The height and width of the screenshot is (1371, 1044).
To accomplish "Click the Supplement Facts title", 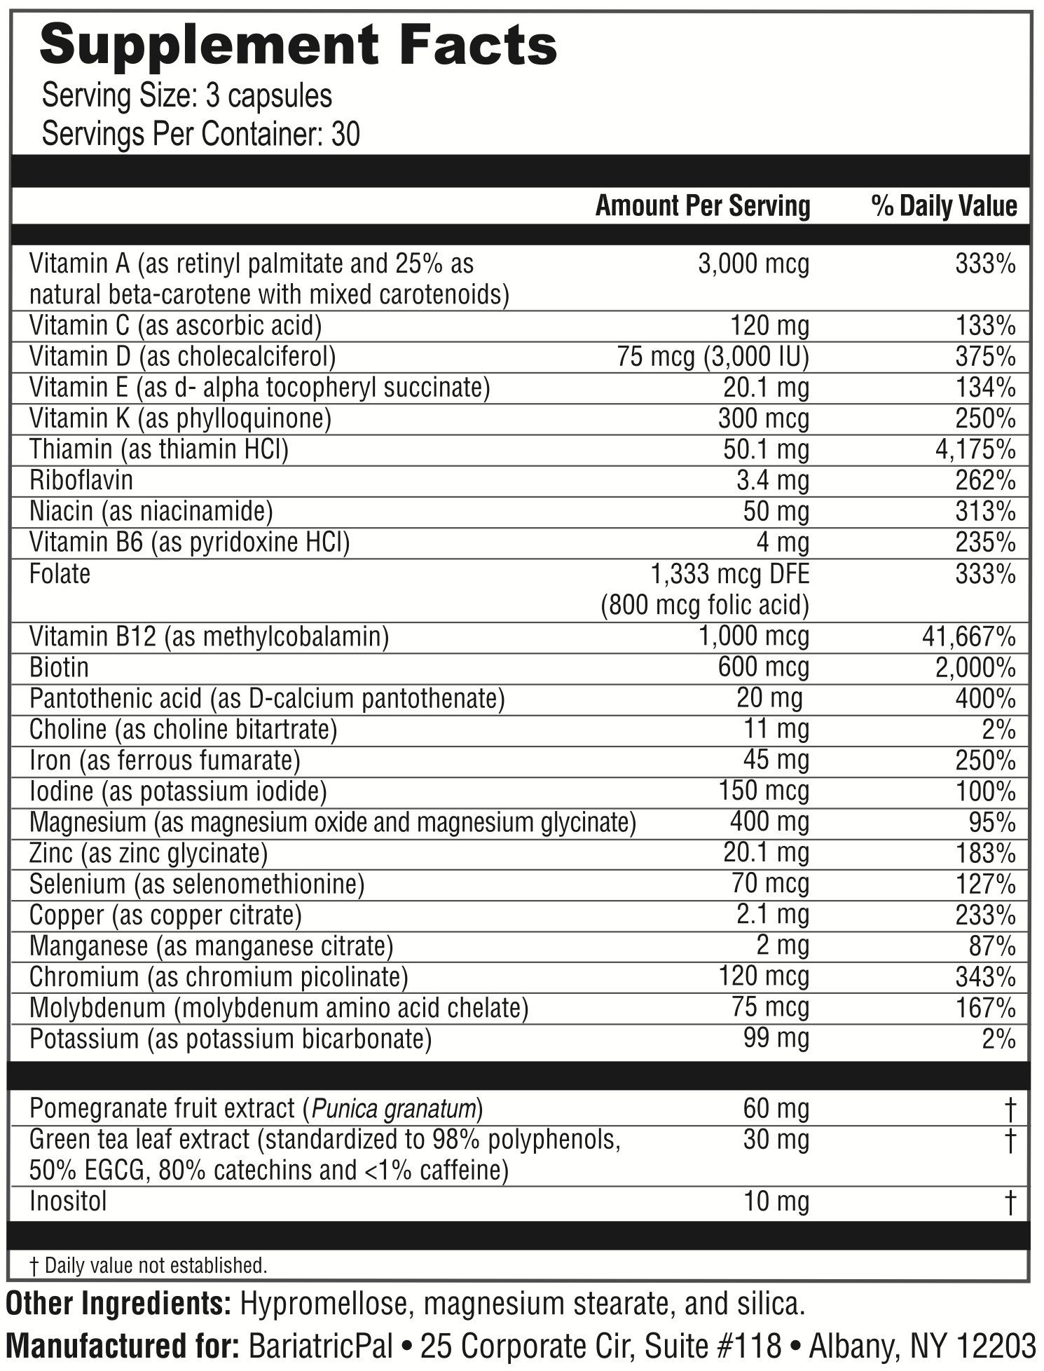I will click(x=298, y=47).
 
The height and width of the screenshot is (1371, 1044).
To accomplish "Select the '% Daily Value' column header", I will click(x=944, y=206).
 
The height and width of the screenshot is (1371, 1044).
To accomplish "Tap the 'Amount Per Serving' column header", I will click(x=703, y=206).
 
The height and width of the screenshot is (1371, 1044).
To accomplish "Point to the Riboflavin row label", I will click(x=81, y=480).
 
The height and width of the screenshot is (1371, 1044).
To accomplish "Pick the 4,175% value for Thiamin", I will click(x=975, y=449).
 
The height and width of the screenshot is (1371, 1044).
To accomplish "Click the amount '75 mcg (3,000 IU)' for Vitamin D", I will click(x=713, y=357).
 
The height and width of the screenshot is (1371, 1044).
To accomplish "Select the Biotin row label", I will click(x=60, y=667).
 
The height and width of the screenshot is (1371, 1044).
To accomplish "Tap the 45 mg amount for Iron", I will click(x=776, y=760).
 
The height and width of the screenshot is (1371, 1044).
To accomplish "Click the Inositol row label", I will click(x=68, y=1201).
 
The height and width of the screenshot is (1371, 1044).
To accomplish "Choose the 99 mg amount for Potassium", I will click(x=776, y=1038).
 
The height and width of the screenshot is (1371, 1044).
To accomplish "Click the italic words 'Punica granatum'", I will click(x=394, y=1109).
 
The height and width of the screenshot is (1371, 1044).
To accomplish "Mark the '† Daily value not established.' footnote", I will click(x=149, y=1265).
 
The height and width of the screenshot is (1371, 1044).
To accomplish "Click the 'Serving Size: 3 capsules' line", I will click(x=187, y=96).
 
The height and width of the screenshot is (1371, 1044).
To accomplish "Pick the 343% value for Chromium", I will click(x=985, y=976).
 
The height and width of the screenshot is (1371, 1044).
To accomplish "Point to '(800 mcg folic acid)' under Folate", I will click(x=705, y=605).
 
